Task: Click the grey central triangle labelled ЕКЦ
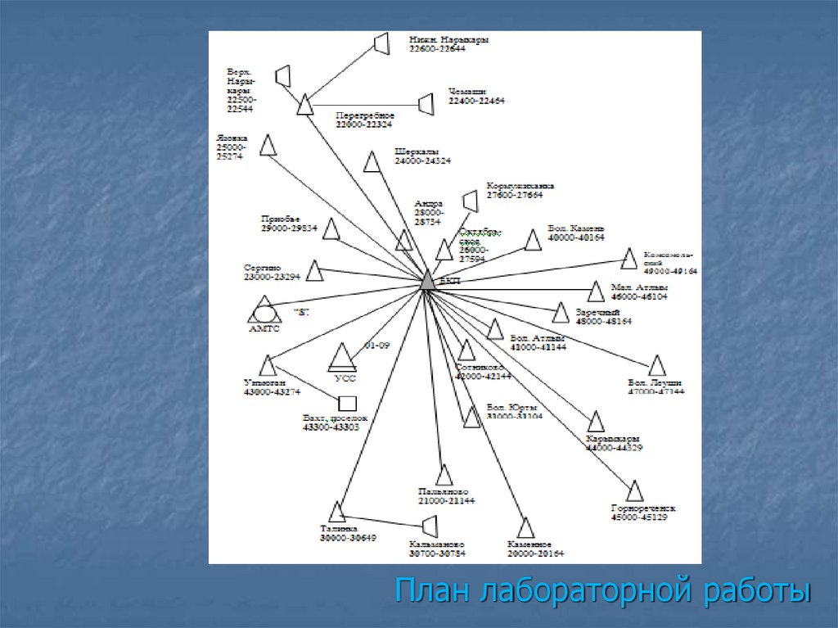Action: tap(427, 280)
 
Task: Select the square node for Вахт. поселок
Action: tap(348, 403)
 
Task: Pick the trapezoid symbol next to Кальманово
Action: tap(430, 526)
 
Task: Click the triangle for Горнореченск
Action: tap(634, 491)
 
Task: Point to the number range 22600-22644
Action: tap(436, 48)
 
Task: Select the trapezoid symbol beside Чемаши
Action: tap(426, 104)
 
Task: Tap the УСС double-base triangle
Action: tap(343, 358)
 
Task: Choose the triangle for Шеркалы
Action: tap(372, 162)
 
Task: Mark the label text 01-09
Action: tap(376, 346)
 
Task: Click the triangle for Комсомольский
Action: tap(628, 260)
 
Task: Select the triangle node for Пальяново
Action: tap(444, 476)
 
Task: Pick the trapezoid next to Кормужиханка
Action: tap(471, 201)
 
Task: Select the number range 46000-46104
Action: tap(639, 296)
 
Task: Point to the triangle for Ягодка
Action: tap(267, 146)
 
